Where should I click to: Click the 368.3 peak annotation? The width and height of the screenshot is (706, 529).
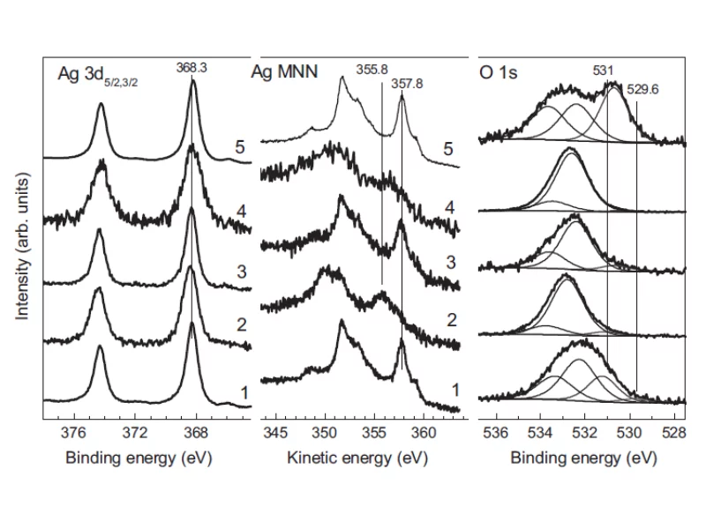pyautogui.click(x=192, y=68)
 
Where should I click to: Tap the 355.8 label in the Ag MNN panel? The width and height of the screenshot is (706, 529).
pyautogui.click(x=372, y=70)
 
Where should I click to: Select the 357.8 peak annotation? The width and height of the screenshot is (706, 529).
pyautogui.click(x=407, y=84)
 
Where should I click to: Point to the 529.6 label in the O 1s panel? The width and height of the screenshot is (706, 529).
pyautogui.click(x=642, y=90)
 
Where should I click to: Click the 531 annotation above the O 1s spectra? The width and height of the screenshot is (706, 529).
pyautogui.click(x=603, y=71)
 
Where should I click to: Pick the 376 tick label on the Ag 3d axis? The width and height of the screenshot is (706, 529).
pyautogui.click(x=74, y=433)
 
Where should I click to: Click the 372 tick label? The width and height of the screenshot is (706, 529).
pyautogui.click(x=135, y=433)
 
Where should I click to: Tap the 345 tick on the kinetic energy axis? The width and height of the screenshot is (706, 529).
pyautogui.click(x=275, y=433)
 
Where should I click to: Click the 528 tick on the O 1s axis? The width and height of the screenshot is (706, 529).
pyautogui.click(x=674, y=433)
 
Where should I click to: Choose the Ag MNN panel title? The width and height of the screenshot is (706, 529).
pyautogui.click(x=284, y=72)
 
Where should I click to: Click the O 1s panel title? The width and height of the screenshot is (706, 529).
pyautogui.click(x=499, y=72)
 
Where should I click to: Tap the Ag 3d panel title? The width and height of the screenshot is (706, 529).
pyautogui.click(x=98, y=75)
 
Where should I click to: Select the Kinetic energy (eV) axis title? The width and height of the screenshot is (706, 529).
pyautogui.click(x=357, y=458)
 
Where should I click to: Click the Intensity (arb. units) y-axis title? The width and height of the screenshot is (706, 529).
pyautogui.click(x=22, y=246)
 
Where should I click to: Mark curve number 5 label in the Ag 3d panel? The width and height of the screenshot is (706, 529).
pyautogui.click(x=240, y=147)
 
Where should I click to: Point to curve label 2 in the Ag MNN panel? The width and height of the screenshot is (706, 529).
pyautogui.click(x=452, y=320)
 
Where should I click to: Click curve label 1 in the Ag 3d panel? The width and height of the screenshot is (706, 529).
pyautogui.click(x=244, y=393)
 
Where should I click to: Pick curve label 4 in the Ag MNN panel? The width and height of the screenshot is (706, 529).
pyautogui.click(x=449, y=207)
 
